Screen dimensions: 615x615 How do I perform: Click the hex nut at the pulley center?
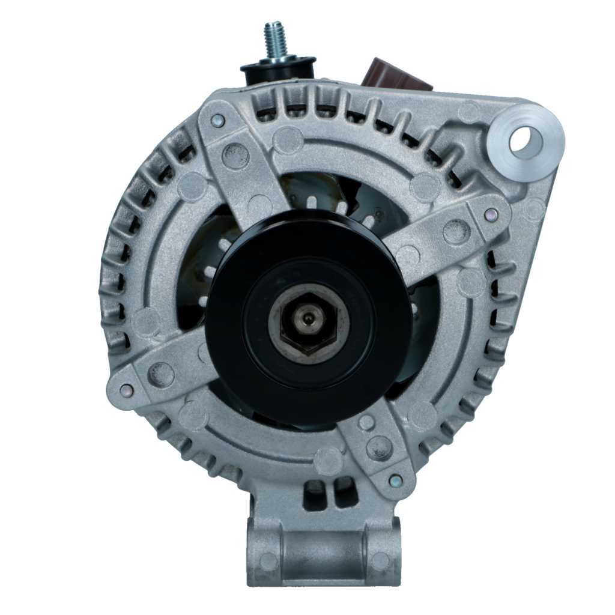point(309,322)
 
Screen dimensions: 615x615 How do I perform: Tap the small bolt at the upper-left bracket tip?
point(219,121)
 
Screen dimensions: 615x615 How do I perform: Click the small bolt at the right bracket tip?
point(491,214)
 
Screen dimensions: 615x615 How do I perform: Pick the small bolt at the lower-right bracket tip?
point(395,480)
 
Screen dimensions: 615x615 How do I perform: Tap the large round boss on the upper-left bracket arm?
point(235,156)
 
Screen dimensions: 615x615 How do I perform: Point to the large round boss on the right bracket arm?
point(456,231)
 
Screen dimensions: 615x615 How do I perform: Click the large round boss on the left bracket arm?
point(160,375)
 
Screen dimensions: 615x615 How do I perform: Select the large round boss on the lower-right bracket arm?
point(379,447)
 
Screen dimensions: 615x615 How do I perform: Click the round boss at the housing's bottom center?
point(328,461)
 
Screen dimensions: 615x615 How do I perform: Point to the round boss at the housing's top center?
point(288,139)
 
